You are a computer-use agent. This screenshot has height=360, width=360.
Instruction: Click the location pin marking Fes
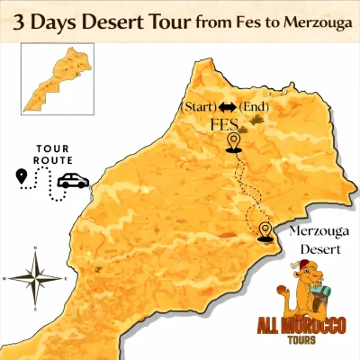point(234,142)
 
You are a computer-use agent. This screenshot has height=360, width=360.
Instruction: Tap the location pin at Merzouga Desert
point(265,230)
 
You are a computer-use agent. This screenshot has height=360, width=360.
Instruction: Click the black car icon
point(73,181)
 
